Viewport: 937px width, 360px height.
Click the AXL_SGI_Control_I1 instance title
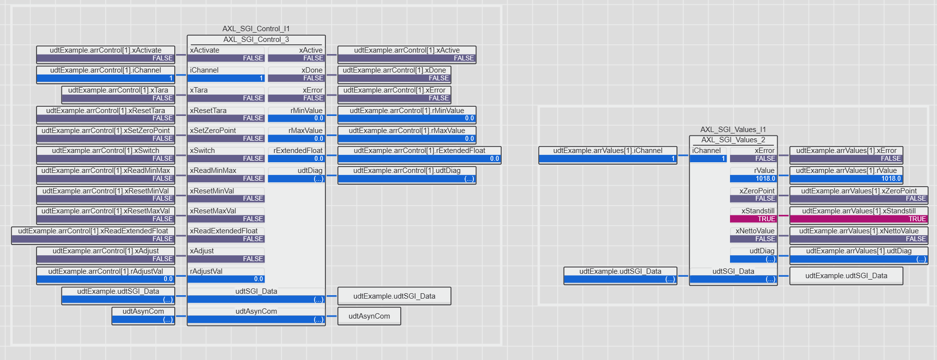[256, 29]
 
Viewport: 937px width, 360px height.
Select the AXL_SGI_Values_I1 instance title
[733, 130]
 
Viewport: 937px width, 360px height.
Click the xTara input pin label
[199, 90]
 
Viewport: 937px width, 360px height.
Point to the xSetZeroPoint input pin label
[213, 131]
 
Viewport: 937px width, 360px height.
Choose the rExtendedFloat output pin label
[298, 151]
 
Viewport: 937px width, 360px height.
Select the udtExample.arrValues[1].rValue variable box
[846, 175]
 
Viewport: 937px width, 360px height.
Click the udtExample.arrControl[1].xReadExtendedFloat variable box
[93, 235]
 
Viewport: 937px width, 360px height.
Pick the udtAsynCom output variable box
[369, 316]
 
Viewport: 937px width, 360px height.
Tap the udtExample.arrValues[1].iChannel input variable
[608, 155]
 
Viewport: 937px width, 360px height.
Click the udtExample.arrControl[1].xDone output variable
[394, 74]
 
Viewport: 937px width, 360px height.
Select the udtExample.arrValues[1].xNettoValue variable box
[859, 235]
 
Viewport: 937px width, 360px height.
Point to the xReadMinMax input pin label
[213, 171]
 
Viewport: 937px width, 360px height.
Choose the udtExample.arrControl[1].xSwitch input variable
[106, 155]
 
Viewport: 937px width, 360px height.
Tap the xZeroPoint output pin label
[757, 191]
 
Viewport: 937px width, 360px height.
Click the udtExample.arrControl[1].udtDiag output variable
[407, 175]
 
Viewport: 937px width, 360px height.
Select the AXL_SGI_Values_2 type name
[733, 140]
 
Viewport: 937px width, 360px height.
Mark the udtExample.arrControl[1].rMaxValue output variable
[407, 134]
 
